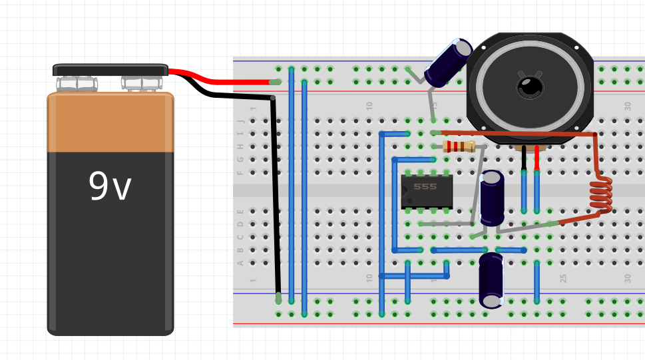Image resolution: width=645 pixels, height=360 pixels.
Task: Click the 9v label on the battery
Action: pyautogui.click(x=110, y=187)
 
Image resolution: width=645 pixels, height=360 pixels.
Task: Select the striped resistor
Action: pyautogui.click(x=459, y=146)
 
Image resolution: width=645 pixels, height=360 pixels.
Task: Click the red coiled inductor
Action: pyautogui.click(x=602, y=196)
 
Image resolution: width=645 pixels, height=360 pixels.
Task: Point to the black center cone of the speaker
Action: pyautogui.click(x=531, y=86)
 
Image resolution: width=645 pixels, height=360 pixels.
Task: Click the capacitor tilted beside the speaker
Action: pyautogui.click(x=449, y=63)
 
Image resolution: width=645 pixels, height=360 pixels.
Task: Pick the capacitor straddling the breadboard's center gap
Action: pyautogui.click(x=493, y=197)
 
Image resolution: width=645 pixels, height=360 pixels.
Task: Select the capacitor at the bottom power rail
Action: pyautogui.click(x=492, y=279)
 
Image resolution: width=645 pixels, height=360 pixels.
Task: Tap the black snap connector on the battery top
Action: pyautogui.click(x=110, y=70)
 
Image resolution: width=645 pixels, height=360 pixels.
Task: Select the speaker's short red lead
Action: pyautogui.click(x=537, y=158)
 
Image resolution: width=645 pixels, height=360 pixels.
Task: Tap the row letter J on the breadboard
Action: pyautogui.click(x=242, y=121)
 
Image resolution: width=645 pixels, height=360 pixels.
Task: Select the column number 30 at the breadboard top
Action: pyautogui.click(x=628, y=106)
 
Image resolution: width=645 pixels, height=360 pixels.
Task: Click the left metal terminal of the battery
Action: pyautogui.click(x=77, y=83)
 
